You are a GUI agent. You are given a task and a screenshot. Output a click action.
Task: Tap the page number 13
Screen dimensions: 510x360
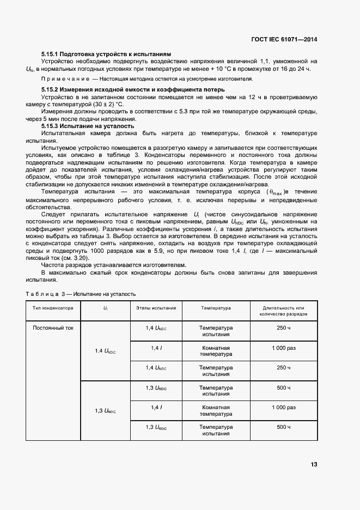(x=314, y=464)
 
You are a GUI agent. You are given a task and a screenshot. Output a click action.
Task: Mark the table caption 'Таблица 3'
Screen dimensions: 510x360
(x=44, y=294)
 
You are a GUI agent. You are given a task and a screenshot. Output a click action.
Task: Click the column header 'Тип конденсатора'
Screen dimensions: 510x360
(x=53, y=308)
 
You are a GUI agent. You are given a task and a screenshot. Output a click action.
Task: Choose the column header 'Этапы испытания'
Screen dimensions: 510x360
(x=156, y=308)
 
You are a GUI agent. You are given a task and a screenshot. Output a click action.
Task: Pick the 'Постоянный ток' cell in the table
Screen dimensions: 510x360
(x=53, y=328)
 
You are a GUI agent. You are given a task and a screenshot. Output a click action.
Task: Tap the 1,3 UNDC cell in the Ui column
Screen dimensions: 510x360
(x=105, y=410)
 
